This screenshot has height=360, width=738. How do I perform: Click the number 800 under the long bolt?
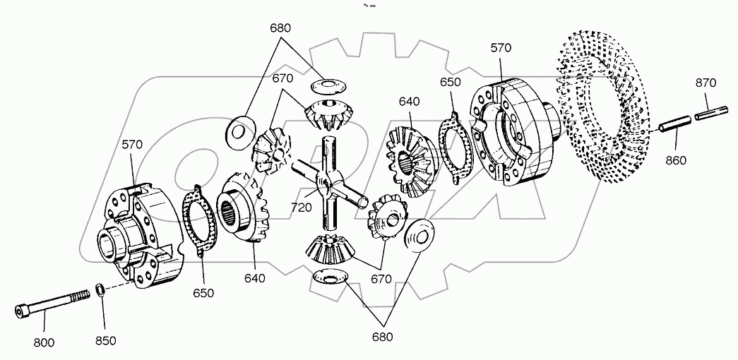point(44,342)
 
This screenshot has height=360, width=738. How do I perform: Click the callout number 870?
point(705,83)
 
